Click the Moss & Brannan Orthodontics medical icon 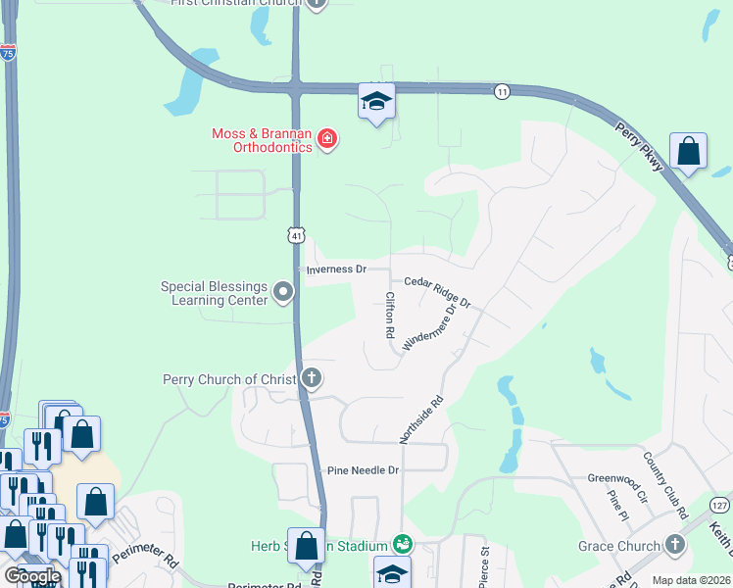pyautogui.click(x=326, y=139)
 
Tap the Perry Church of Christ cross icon pyautogui.click(x=312, y=378)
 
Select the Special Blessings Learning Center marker pyautogui.click(x=283, y=292)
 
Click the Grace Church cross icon pyautogui.click(x=674, y=545)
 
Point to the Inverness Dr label pyautogui.click(x=335, y=269)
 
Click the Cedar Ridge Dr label pyautogui.click(x=437, y=291)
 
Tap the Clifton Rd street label pyautogui.click(x=389, y=315)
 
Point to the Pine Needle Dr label pyautogui.click(x=364, y=470)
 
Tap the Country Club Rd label pyautogui.click(x=666, y=484)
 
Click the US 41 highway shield pyautogui.click(x=296, y=234)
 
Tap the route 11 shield pyautogui.click(x=502, y=90)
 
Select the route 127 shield pyautogui.click(x=720, y=505)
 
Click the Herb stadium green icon pyautogui.click(x=401, y=542)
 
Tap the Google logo pyautogui.click(x=32, y=576)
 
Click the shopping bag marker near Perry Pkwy pyautogui.click(x=689, y=152)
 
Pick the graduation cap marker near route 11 pyautogui.click(x=376, y=102)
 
